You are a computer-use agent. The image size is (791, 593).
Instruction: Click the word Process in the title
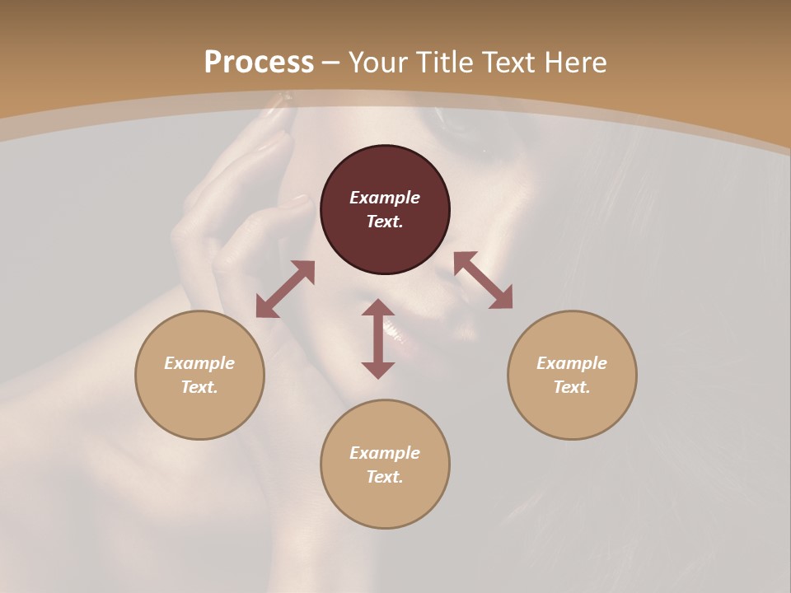(259, 63)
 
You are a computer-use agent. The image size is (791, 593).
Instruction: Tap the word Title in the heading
(446, 63)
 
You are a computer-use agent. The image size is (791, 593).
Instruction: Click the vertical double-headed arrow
(378, 339)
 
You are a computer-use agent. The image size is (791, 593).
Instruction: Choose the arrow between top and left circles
(285, 289)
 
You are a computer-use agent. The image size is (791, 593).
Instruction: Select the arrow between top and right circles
(483, 280)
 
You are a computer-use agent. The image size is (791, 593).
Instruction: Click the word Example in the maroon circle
(385, 198)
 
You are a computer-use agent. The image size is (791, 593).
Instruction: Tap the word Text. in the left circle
(199, 387)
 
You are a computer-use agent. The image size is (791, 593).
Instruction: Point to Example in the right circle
(572, 363)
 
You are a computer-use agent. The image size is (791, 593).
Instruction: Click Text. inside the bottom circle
(385, 477)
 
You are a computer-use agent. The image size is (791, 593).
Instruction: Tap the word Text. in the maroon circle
(385, 222)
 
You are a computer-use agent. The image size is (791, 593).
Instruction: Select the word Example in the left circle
(199, 363)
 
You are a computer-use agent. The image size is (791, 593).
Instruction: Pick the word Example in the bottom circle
(385, 453)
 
